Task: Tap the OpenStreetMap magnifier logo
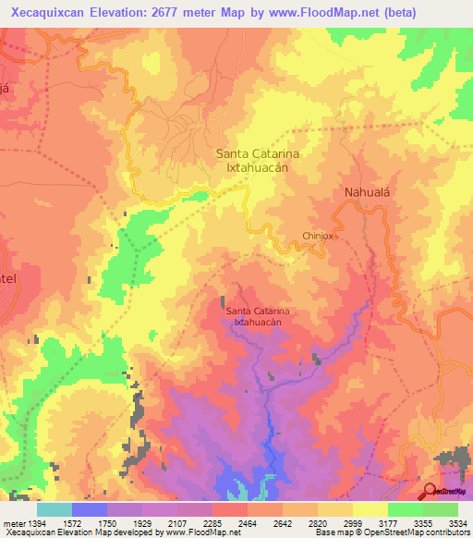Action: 431,491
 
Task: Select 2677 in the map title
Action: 168,13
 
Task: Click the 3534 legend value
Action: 458,523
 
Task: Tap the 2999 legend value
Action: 353,523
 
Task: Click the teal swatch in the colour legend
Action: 54,509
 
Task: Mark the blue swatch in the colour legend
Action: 90,509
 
